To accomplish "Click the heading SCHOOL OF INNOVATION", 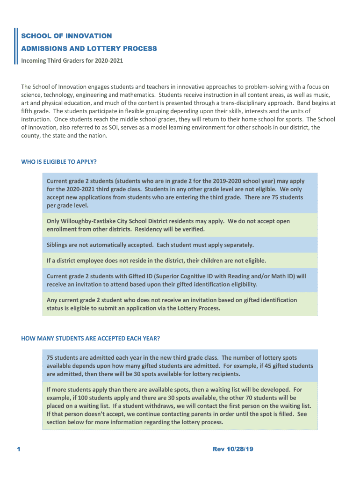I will click(x=66, y=36).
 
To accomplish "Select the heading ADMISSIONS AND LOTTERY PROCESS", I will click(x=89, y=48).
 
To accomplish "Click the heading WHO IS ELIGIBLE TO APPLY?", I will click(x=59, y=162).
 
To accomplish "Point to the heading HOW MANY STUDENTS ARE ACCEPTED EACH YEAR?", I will click(x=90, y=338).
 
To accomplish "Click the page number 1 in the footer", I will click(x=19, y=449).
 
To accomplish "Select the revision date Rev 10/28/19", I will click(x=233, y=449).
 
